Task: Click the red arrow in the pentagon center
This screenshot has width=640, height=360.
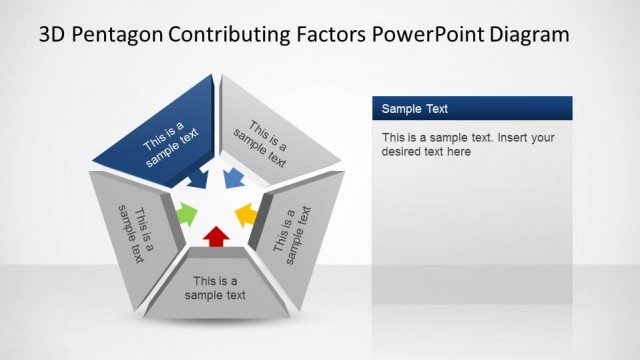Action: click(x=215, y=236)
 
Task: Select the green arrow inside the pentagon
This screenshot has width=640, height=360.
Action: click(x=186, y=213)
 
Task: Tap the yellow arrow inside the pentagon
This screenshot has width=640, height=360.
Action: click(x=245, y=214)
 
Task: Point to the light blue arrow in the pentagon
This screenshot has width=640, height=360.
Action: click(x=234, y=179)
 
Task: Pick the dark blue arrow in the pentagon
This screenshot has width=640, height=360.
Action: click(x=198, y=179)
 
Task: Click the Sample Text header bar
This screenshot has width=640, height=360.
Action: click(x=472, y=108)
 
